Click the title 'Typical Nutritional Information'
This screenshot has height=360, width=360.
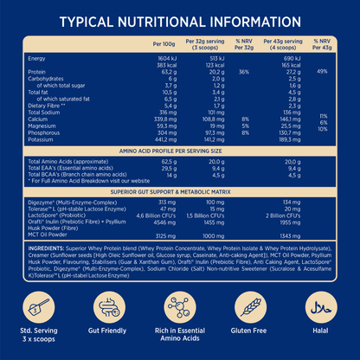(x=180, y=19)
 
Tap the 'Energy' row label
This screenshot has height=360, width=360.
(x=37, y=57)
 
